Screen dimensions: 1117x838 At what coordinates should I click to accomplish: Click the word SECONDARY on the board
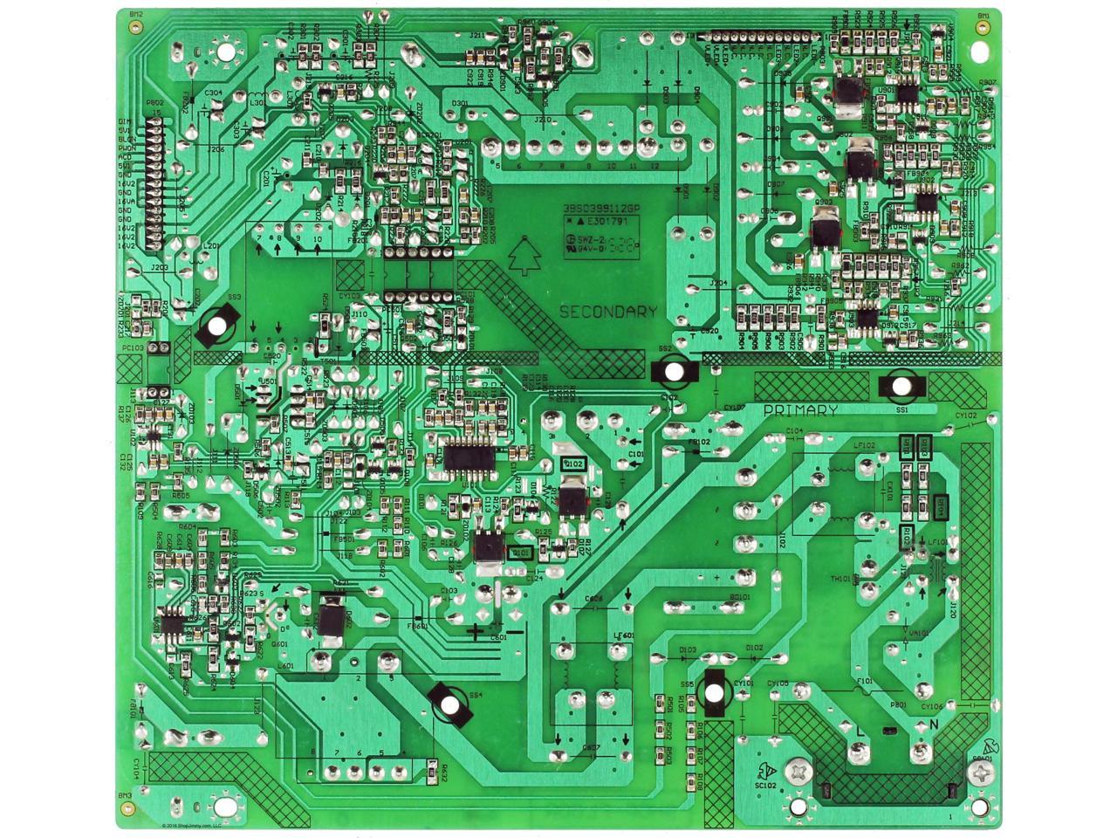pyautogui.click(x=607, y=312)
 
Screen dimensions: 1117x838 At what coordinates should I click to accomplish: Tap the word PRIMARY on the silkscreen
pyautogui.click(x=800, y=410)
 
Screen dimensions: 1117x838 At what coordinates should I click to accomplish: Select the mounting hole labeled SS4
pyautogui.click(x=449, y=704)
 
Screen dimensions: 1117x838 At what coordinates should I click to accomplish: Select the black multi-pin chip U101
pyautogui.click(x=470, y=457)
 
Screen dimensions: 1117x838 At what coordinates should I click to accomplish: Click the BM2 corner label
pyautogui.click(x=136, y=15)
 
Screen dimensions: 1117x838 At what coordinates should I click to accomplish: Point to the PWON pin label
pyautogui.click(x=125, y=148)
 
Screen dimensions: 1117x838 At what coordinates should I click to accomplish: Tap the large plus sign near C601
pyautogui.click(x=474, y=631)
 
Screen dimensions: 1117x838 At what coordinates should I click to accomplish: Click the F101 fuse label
pyautogui.click(x=865, y=681)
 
